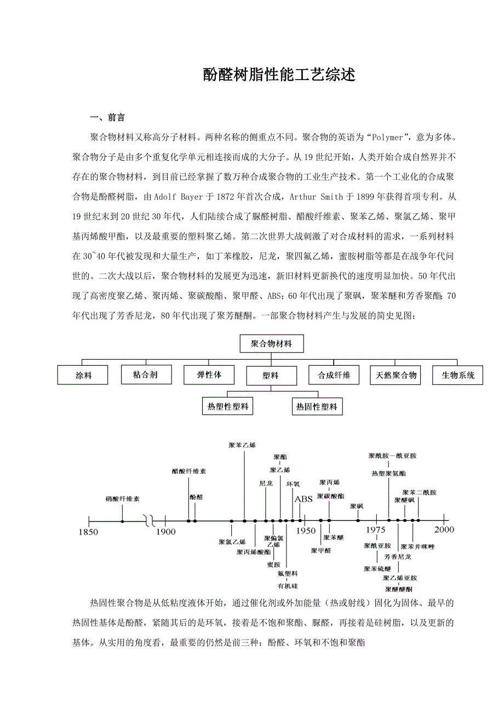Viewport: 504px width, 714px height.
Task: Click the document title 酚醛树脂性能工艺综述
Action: point(279,75)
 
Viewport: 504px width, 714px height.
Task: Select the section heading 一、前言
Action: point(107,117)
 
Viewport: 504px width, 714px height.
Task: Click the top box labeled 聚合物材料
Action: point(271,344)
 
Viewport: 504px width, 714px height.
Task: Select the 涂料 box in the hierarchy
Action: point(83,376)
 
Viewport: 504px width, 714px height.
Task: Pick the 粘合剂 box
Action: point(146,375)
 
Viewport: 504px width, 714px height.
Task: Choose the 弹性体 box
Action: point(209,375)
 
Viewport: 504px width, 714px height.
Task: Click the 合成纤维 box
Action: point(334,376)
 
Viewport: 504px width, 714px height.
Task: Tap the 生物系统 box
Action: point(458,376)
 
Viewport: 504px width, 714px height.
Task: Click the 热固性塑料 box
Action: point(317,407)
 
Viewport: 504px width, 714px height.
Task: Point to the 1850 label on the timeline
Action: point(88,531)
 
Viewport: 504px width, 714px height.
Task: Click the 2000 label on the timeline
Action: point(444,530)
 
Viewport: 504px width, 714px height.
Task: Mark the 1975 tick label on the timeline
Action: point(376,530)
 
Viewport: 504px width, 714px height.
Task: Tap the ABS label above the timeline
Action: point(303,499)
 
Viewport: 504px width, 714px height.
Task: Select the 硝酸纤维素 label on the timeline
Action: point(123,499)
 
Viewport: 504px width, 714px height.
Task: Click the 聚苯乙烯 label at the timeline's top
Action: point(242,445)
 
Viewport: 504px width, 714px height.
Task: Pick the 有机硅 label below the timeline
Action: point(288,586)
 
